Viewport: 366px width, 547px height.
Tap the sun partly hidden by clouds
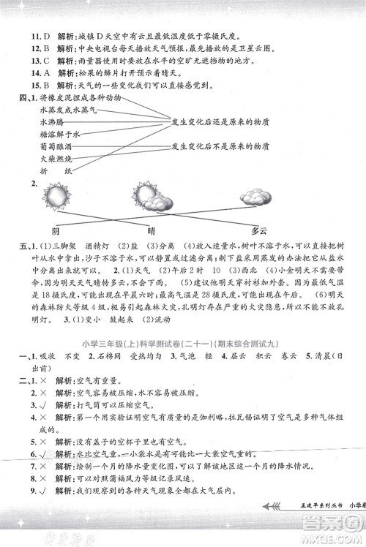146,197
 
